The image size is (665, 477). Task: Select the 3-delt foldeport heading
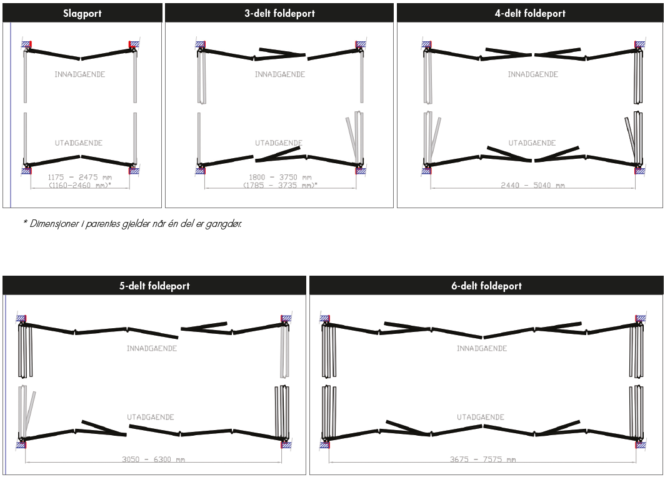coord(279,13)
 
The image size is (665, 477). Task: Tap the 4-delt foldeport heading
coord(530,13)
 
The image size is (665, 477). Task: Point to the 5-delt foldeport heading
coord(154,286)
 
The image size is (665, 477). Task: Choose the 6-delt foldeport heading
coord(486,286)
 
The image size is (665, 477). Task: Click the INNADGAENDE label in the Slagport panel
coord(79,74)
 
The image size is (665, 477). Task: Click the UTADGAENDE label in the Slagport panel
coord(79,143)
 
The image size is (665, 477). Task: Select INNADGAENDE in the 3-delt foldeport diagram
coord(279,74)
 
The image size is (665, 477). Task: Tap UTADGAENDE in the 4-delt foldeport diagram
coord(532,143)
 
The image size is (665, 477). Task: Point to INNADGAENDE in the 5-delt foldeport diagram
coord(152,348)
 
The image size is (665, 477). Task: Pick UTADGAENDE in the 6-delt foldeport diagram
coord(481,417)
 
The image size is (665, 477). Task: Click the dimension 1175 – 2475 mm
coord(79,177)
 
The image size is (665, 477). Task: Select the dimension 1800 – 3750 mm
coord(279,177)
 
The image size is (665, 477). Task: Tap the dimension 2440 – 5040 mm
coord(532,185)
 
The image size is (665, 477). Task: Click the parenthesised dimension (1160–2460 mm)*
coord(79,185)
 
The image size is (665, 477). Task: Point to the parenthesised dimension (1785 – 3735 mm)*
coord(279,185)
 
